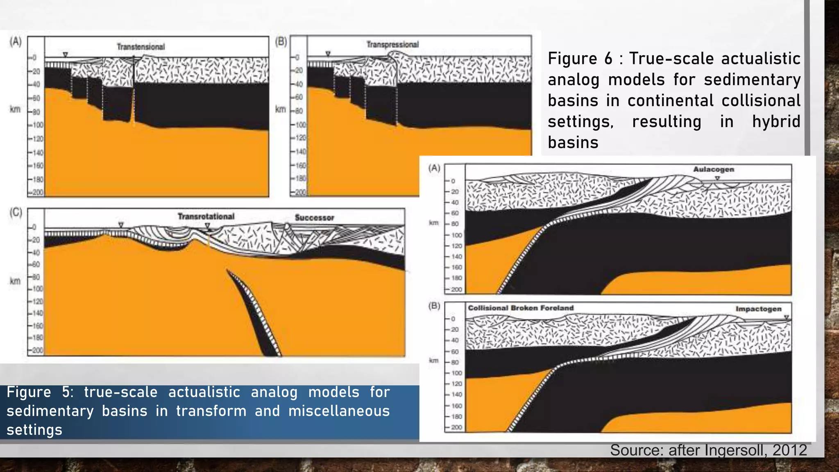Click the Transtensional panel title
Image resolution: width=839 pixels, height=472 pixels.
[x=141, y=47]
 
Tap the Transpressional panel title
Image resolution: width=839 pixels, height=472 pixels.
[x=392, y=44]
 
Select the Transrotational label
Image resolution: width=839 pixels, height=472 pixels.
[x=206, y=216]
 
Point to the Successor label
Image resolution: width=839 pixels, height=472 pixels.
[x=314, y=218]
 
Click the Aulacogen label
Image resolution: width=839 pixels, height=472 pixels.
[x=713, y=169]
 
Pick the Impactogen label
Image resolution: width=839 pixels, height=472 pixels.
[x=758, y=309]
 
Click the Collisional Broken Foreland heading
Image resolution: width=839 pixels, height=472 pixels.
[x=521, y=308]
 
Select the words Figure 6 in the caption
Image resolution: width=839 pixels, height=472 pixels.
[x=580, y=59]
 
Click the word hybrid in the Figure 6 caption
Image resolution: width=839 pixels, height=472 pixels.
[x=776, y=122]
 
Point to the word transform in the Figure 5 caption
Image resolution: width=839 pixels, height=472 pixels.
[x=211, y=411]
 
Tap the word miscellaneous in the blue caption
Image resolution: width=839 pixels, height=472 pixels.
[x=339, y=411]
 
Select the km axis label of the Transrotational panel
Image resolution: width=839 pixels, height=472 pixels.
[x=15, y=281]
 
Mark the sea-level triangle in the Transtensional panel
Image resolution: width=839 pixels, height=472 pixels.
[x=65, y=54]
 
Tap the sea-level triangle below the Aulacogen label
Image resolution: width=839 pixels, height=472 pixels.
[x=717, y=178]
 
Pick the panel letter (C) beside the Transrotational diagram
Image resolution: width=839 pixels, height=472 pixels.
[x=16, y=212]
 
